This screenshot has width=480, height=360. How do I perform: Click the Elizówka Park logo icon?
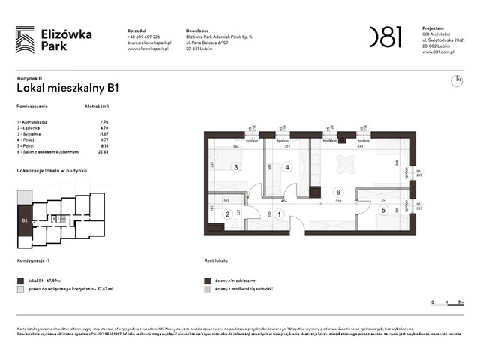click(25, 39)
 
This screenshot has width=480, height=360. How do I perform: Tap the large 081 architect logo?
click(385, 37)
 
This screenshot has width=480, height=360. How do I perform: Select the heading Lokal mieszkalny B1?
click(67, 88)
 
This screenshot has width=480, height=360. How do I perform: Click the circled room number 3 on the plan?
click(235, 167)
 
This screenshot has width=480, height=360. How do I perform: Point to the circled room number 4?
click(286, 167)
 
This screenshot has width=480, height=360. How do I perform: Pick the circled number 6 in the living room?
click(338, 191)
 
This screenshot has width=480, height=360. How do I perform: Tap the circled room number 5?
click(383, 211)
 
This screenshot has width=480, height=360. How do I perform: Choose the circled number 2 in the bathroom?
click(227, 214)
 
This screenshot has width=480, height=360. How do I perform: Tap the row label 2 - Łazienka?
click(31, 127)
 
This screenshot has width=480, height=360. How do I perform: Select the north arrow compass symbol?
click(456, 80)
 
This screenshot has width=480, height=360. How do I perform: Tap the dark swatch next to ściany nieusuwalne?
click(206, 280)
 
